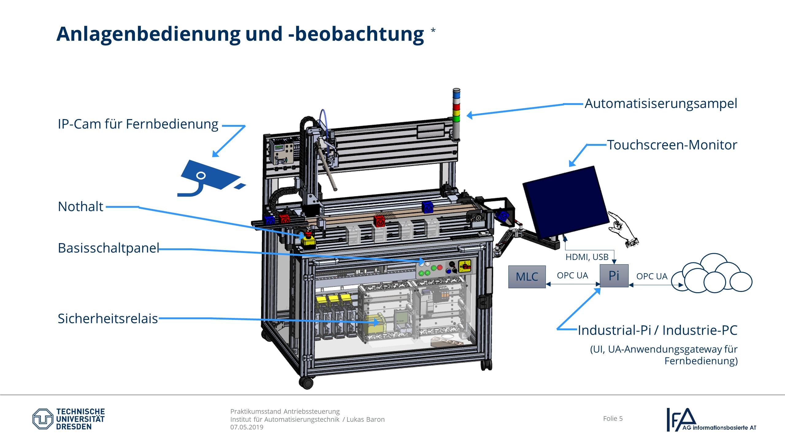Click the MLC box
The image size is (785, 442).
527,277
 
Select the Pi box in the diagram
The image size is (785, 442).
614,276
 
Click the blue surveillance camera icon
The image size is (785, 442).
209,178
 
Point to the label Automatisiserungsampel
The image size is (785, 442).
661,104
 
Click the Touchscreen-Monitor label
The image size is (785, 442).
672,145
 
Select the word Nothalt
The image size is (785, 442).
80,207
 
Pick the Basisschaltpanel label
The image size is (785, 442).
109,248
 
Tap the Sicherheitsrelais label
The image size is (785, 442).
108,319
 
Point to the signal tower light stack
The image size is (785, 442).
456,114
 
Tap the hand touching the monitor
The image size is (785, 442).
622,229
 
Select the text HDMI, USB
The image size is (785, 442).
587,257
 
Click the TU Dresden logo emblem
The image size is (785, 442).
43,419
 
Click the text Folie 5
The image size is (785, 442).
613,418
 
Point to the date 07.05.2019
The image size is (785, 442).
247,427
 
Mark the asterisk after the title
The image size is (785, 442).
433,30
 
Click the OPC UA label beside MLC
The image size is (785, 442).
572,275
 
